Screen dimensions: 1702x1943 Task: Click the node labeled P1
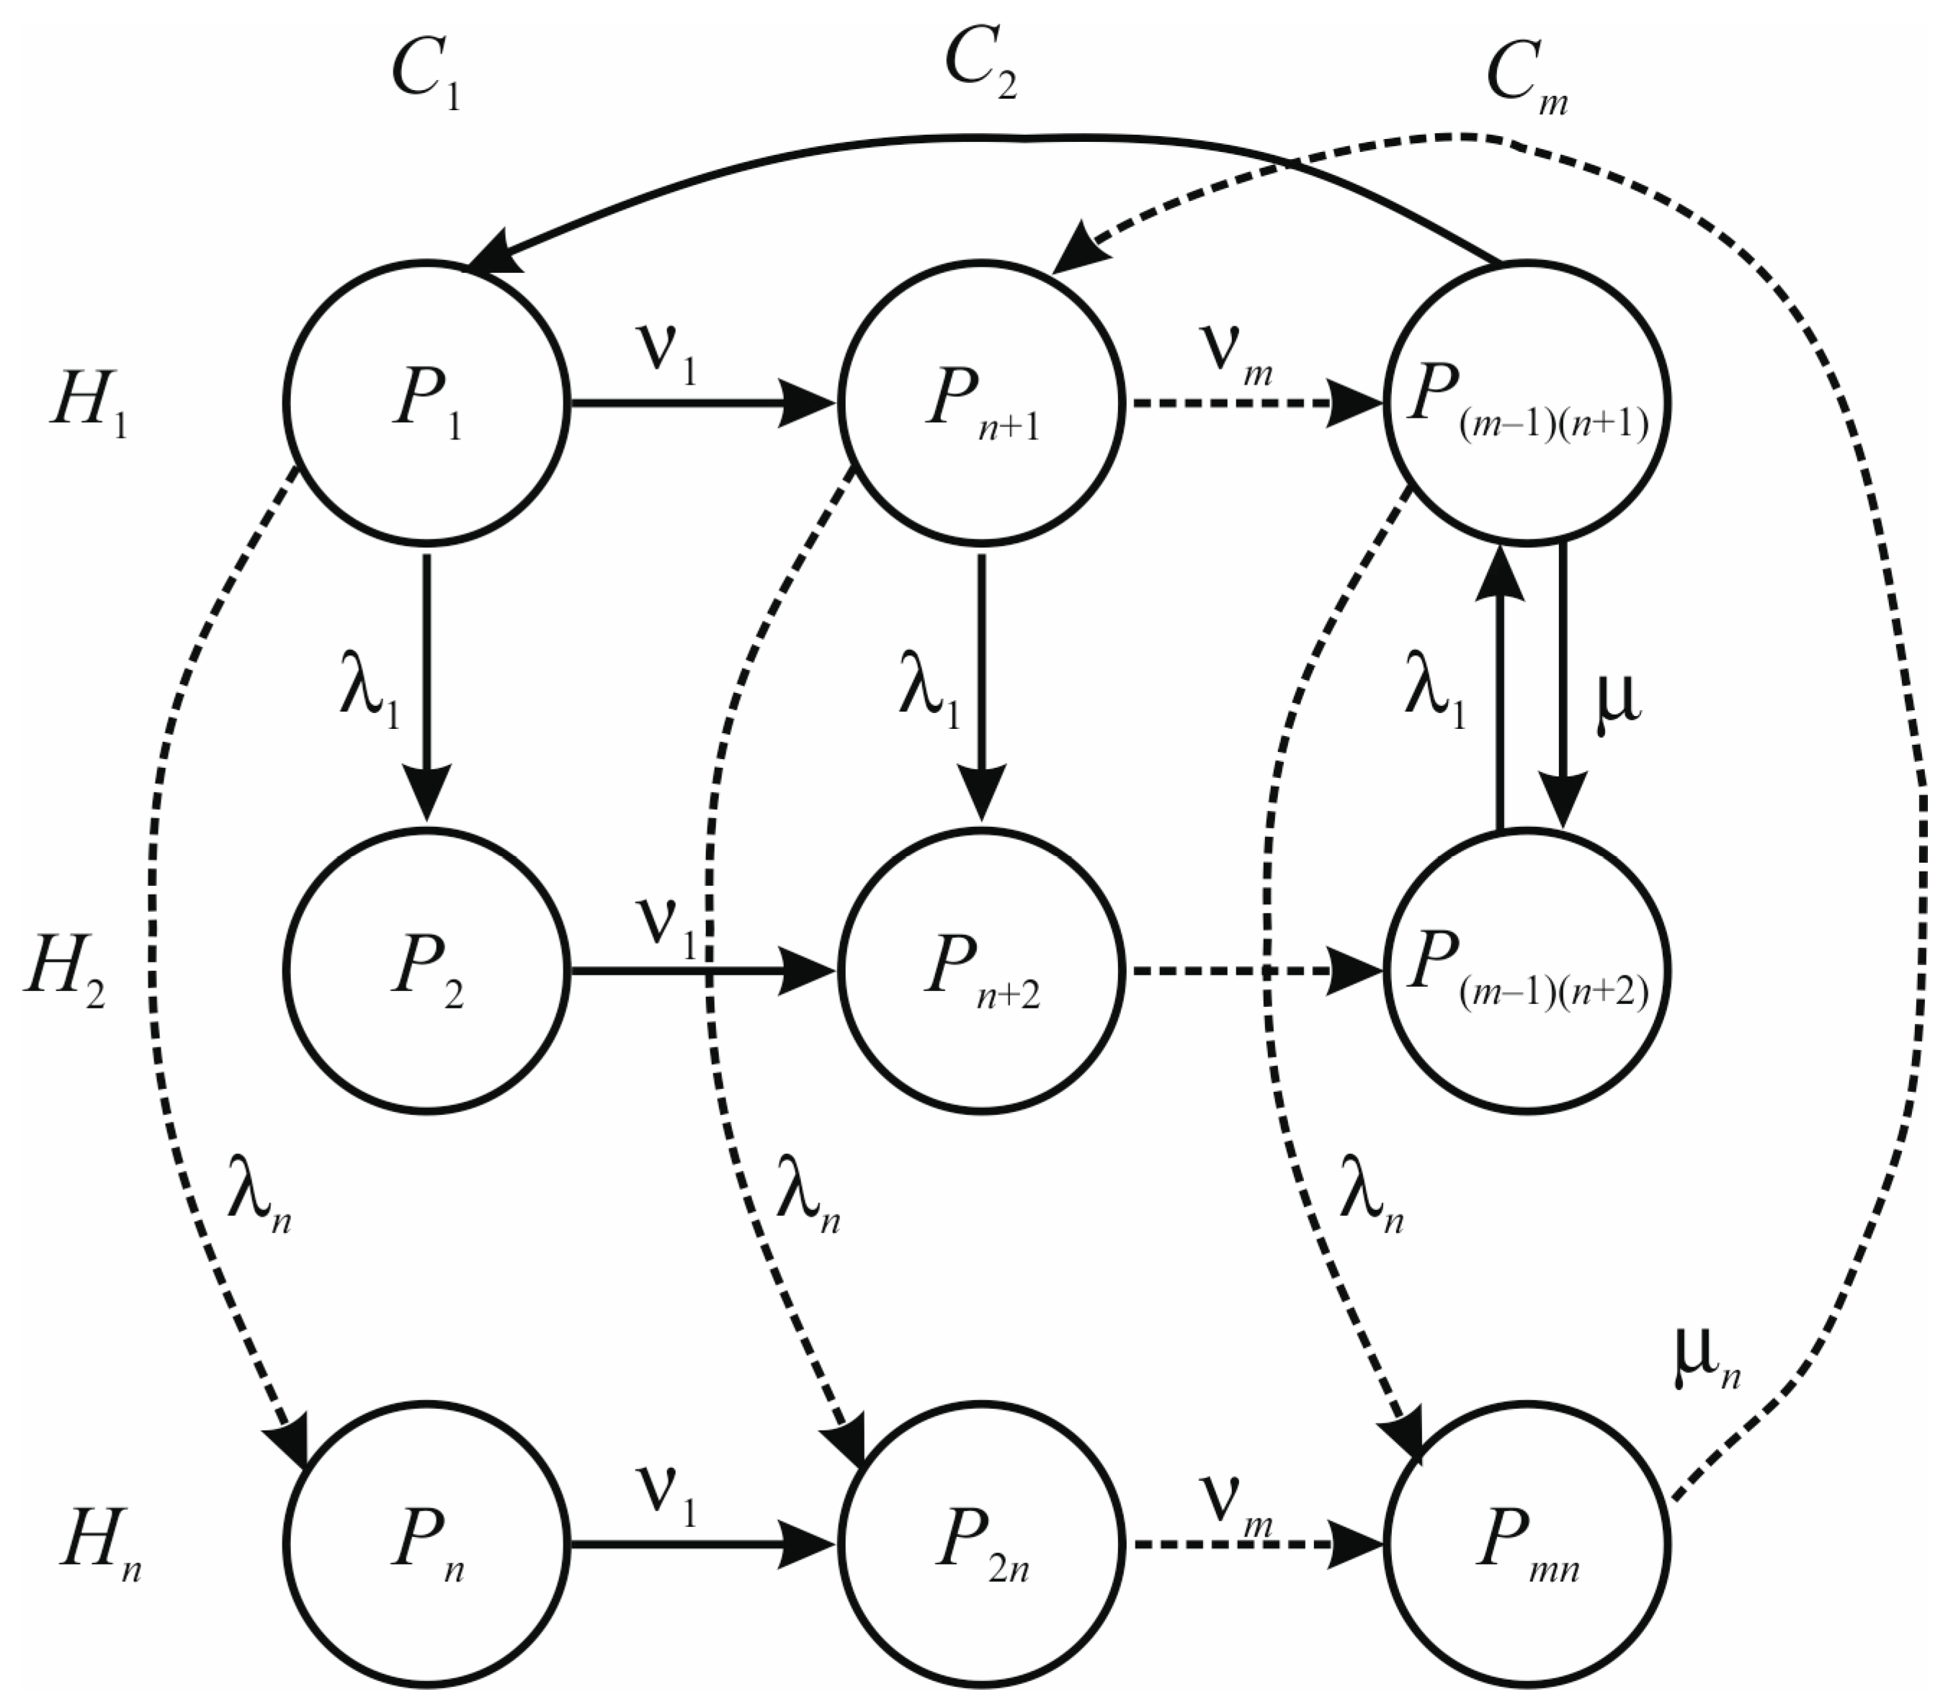click(426, 403)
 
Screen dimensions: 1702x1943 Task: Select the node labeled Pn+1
click(981, 403)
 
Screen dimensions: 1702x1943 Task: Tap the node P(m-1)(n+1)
click(1527, 403)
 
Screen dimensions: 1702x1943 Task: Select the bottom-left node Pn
click(426, 1544)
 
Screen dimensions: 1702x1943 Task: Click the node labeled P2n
click(981, 1544)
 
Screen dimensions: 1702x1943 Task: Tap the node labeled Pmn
click(1527, 1544)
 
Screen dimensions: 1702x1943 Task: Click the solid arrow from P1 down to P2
click(426, 684)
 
